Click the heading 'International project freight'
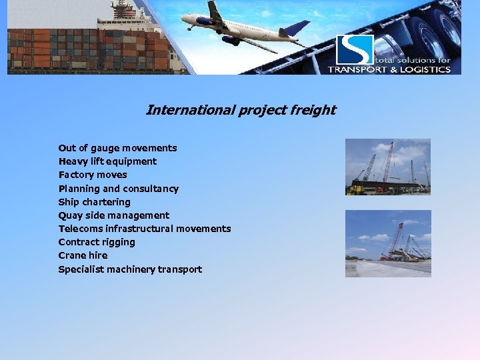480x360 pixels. (x=241, y=110)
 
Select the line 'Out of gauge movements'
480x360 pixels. (x=117, y=148)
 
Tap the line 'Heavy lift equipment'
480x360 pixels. (x=107, y=161)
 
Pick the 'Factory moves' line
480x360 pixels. (x=93, y=175)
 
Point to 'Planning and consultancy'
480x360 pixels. (x=118, y=189)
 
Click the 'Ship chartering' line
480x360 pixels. (x=94, y=202)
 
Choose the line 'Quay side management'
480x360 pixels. (x=113, y=215)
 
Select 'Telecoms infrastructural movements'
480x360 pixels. (x=144, y=229)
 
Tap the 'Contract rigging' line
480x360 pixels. (x=97, y=242)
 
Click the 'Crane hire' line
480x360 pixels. (x=83, y=255)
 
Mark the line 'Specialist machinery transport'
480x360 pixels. (x=130, y=269)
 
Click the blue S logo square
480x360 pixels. (x=354, y=50)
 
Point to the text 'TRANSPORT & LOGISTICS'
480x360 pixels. (x=389, y=69)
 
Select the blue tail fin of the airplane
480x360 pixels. (x=297, y=28)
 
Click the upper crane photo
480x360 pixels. (x=387, y=167)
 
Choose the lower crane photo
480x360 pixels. (x=387, y=243)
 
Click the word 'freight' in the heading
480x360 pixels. (x=313, y=110)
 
